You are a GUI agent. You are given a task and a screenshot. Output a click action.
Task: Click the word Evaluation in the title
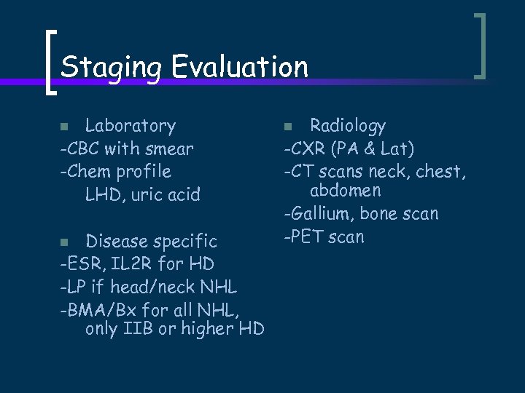click(240, 67)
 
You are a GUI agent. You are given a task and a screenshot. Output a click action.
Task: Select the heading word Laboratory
click(130, 126)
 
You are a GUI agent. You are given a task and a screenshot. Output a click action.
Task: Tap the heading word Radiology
click(347, 126)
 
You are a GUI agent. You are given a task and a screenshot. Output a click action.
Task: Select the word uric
click(146, 195)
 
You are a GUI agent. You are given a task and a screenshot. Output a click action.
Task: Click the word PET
click(308, 237)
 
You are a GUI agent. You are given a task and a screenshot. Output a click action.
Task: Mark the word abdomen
click(345, 191)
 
